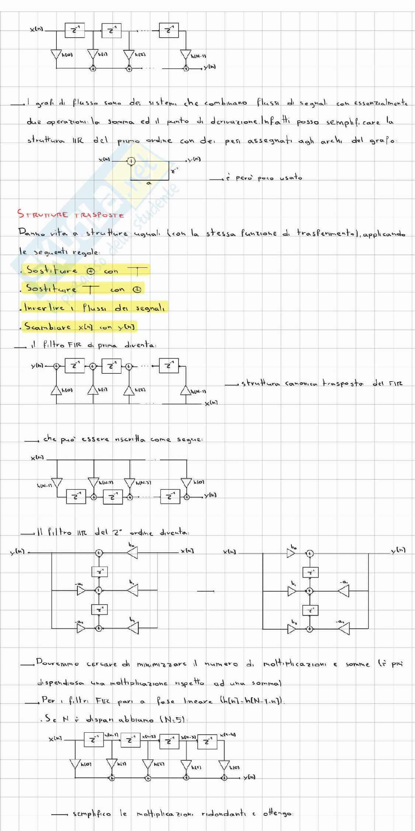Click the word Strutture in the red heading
pos(43,214)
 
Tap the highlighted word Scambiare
pos(48,326)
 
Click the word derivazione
pos(234,122)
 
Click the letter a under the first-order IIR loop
pos(149,183)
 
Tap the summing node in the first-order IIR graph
pos(131,161)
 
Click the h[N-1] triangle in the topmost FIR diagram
pos(186,55)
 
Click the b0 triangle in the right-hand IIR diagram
pos(291,553)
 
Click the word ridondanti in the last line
pos(223,814)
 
